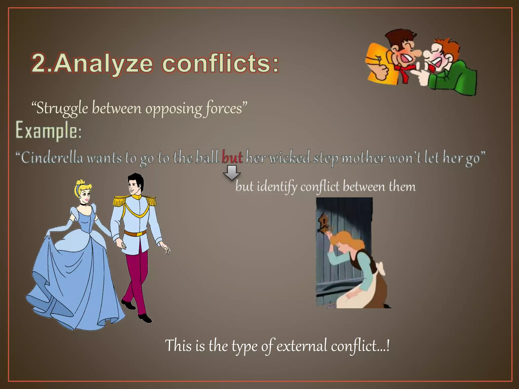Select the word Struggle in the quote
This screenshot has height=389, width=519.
point(62,109)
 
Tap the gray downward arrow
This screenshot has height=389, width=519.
point(232,172)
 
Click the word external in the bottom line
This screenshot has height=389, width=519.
point(302,346)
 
